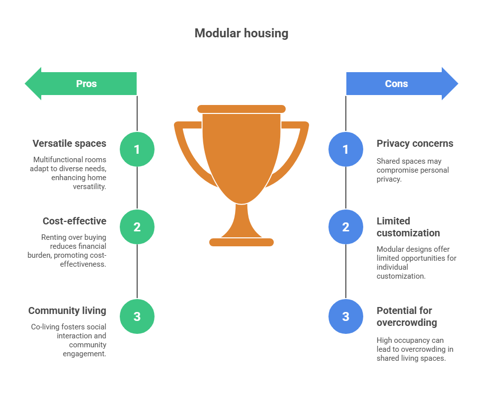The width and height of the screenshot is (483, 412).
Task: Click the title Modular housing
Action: click(241, 33)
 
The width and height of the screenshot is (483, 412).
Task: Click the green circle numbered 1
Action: click(137, 149)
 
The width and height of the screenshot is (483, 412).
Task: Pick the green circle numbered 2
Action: click(137, 227)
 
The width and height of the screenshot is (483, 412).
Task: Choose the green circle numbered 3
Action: click(137, 316)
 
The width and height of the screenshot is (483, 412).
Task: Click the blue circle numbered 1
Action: click(346, 149)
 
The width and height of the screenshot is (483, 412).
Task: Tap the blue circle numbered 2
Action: click(346, 227)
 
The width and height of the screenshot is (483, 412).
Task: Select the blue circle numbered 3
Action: click(346, 316)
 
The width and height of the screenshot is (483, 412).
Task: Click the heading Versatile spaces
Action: click(69, 144)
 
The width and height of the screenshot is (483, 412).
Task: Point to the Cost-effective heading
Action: click(75, 221)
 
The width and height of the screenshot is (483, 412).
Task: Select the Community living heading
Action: click(67, 311)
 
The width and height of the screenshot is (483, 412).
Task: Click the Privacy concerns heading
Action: click(415, 144)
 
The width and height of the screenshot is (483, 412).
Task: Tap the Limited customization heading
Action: click(408, 227)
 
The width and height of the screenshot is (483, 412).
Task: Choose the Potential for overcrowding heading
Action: click(406, 316)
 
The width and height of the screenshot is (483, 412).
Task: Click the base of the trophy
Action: click(241, 242)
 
